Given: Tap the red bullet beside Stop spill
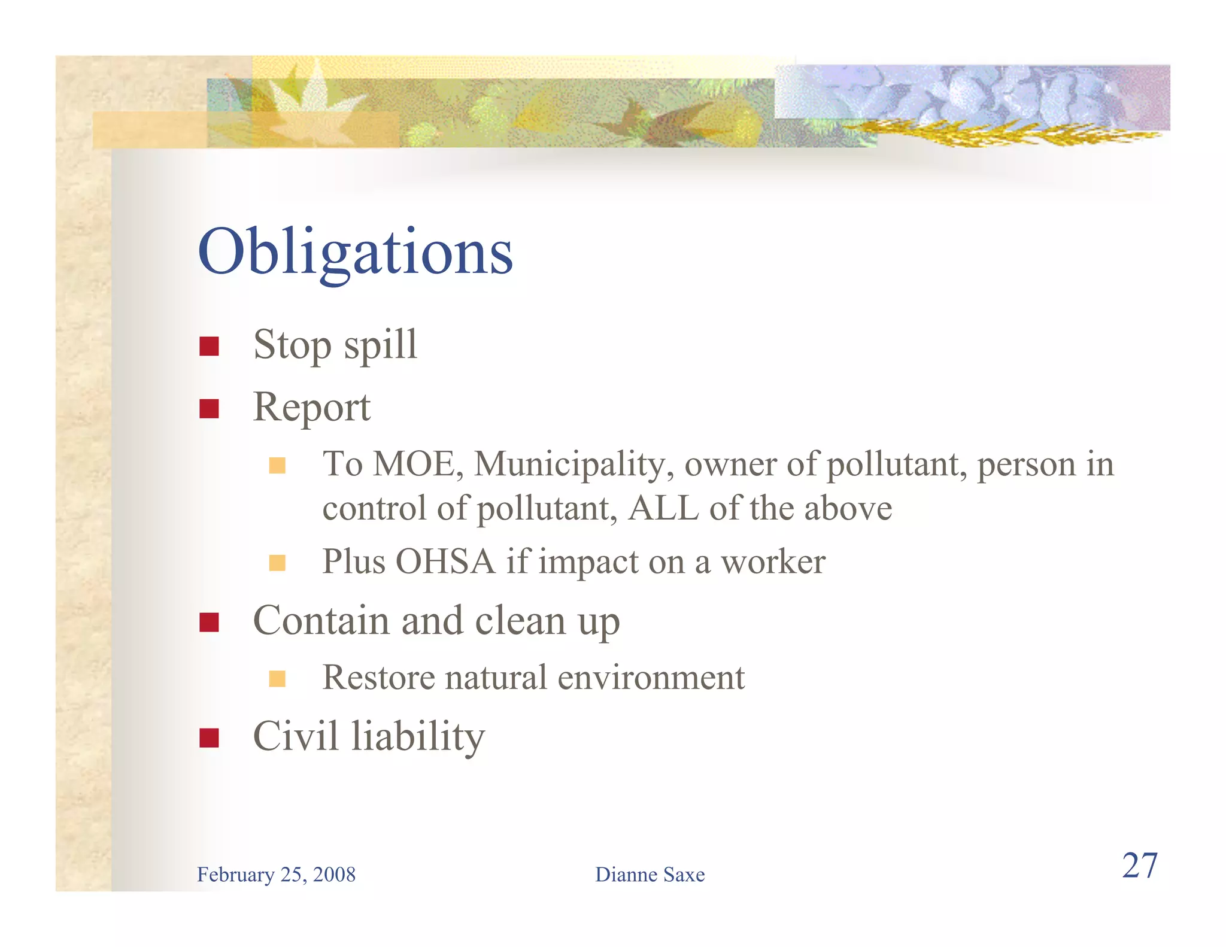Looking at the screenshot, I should [209, 346].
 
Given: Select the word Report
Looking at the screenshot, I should [311, 407].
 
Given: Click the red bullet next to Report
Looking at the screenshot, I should [209, 409].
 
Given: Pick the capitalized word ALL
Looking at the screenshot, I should [663, 508].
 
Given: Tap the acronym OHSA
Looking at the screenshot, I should [445, 561].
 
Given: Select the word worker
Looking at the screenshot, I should [773, 561].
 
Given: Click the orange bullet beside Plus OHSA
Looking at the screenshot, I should [277, 563].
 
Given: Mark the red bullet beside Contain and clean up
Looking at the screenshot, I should [209, 622].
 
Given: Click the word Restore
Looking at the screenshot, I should [378, 678].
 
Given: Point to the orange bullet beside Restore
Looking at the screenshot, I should [277, 679].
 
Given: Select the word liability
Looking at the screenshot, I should [418, 736].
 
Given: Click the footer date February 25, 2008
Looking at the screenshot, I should [276, 875].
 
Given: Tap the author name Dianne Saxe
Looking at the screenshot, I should [650, 875].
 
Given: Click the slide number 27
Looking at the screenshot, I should [1139, 866].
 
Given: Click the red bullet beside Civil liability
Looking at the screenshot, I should [209, 737].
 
